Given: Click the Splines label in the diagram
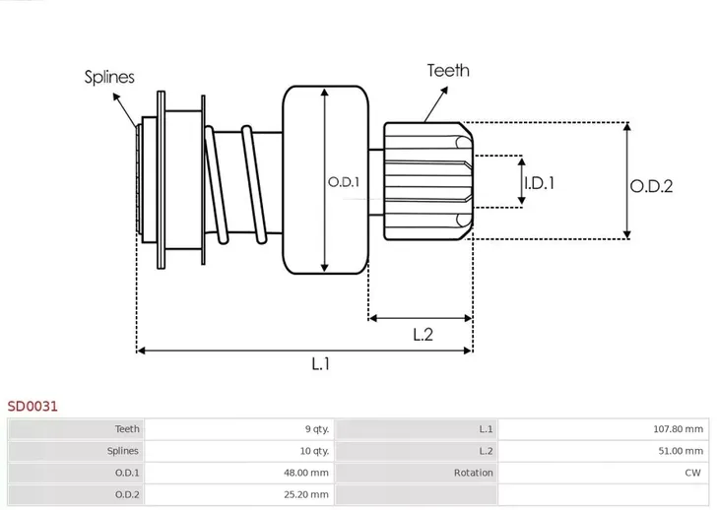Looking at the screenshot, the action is pyautogui.click(x=109, y=77).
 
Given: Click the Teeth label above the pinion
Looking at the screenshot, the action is pyautogui.click(x=448, y=71).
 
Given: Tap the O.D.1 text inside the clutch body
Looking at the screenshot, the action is pyautogui.click(x=344, y=182).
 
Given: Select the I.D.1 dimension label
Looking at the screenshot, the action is pyautogui.click(x=540, y=183).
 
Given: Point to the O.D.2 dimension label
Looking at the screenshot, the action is pyautogui.click(x=651, y=186).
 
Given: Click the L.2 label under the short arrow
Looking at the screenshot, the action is pyautogui.click(x=423, y=335).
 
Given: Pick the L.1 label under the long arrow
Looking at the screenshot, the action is pyautogui.click(x=320, y=364).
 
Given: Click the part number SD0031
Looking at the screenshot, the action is pyautogui.click(x=33, y=406).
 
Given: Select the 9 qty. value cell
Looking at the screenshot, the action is pyautogui.click(x=317, y=429).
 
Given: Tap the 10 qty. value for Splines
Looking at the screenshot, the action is pyautogui.click(x=314, y=451).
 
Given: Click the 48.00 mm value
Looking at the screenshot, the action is pyautogui.click(x=306, y=473).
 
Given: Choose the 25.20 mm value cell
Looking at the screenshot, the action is pyautogui.click(x=306, y=494).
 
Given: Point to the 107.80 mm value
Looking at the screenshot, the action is pyautogui.click(x=679, y=429).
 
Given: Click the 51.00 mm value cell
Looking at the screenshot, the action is pyautogui.click(x=681, y=451).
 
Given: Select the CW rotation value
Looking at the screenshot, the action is pyautogui.click(x=692, y=473).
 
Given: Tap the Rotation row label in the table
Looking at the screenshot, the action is pyautogui.click(x=473, y=473).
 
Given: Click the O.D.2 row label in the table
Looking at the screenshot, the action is pyautogui.click(x=127, y=494).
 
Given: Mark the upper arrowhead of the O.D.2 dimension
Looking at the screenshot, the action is pyautogui.click(x=627, y=125).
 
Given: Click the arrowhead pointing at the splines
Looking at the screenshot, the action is pyautogui.click(x=116, y=96).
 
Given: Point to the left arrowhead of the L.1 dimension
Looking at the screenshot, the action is pyautogui.click(x=141, y=351).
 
